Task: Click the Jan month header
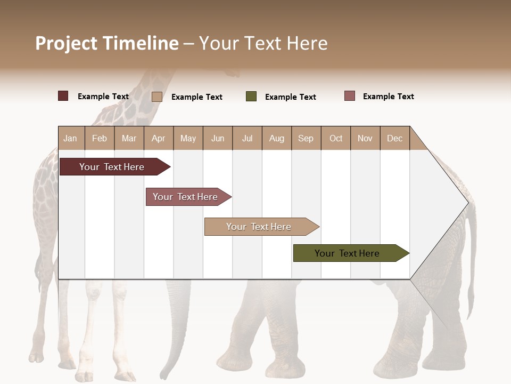[70, 138]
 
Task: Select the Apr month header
[159, 138]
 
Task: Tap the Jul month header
[247, 138]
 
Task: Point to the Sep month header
[306, 138]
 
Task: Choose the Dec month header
[394, 138]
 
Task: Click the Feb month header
[100, 138]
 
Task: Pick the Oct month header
[336, 138]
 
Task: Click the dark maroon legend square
[63, 96]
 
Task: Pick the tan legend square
[156, 97]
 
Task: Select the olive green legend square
[251, 97]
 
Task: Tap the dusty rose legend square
[349, 96]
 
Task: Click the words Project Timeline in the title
[107, 43]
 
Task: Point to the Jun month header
[218, 138]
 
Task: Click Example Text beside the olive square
[291, 97]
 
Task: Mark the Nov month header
[365, 138]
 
